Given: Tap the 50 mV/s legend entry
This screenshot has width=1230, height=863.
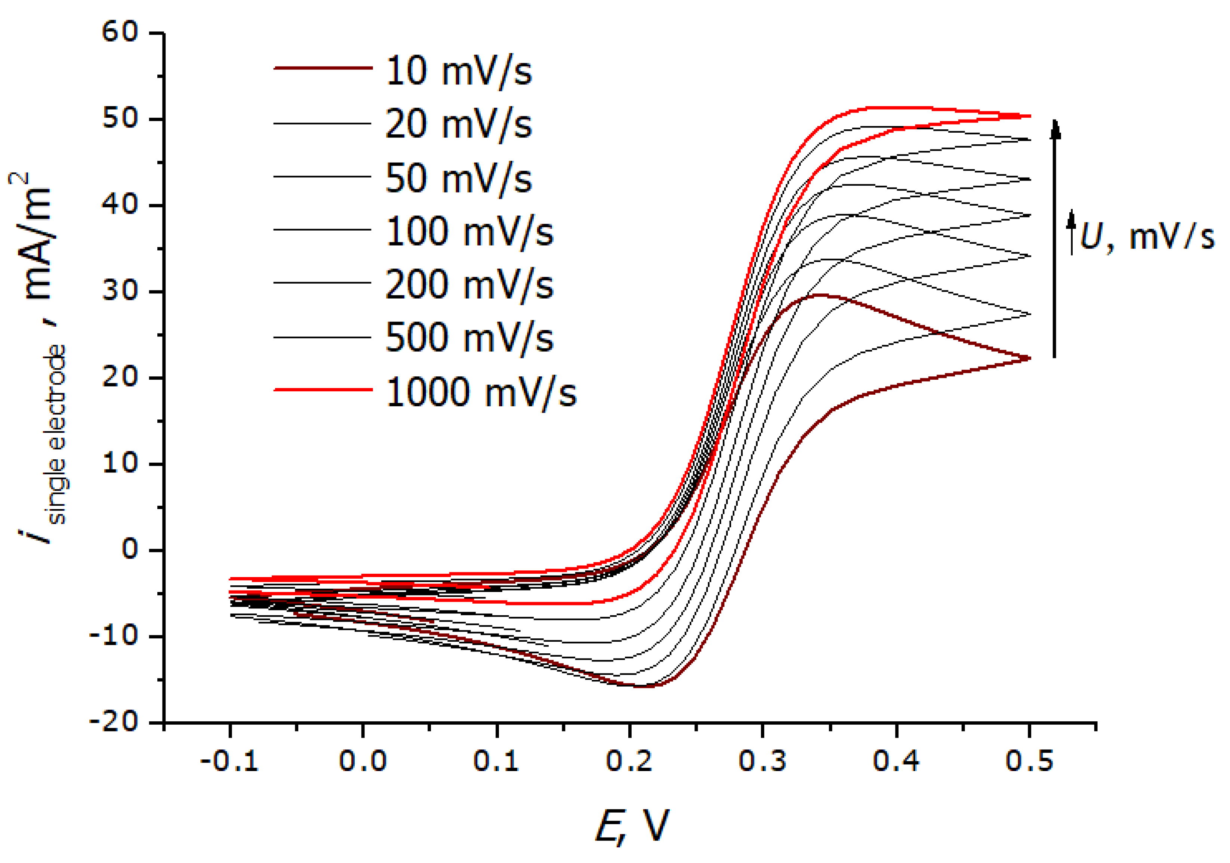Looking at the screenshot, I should [x=458, y=178].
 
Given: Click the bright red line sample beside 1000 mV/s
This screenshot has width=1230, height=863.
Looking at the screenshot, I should [x=323, y=389].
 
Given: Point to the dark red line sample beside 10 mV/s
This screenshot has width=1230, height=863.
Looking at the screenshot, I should [x=323, y=68].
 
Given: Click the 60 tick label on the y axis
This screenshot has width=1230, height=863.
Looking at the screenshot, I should [x=120, y=32].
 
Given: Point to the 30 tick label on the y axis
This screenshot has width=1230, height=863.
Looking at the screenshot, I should [x=120, y=292].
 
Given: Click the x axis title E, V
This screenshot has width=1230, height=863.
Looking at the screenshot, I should [x=632, y=826].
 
